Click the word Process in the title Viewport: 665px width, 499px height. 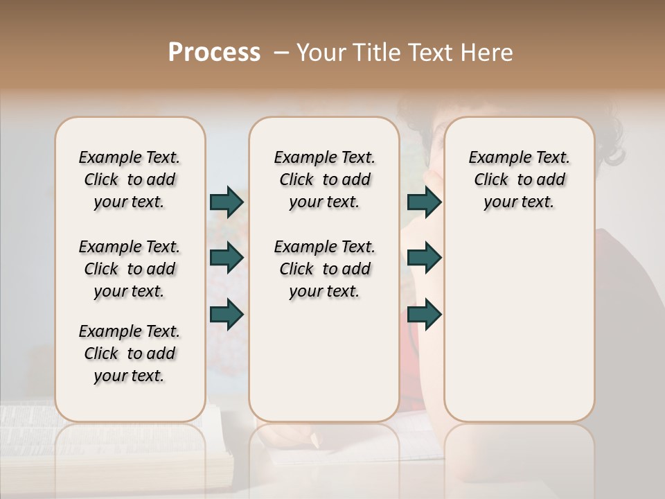214,53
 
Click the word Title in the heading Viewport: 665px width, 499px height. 378,53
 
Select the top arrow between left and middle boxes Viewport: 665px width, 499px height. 227,202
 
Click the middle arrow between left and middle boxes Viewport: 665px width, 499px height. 227,258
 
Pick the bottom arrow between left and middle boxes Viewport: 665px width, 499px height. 227,314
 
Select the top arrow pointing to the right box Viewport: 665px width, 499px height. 424,202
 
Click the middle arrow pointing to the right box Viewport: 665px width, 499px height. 424,258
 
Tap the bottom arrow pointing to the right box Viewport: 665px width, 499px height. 424,314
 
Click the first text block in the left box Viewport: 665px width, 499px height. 130,180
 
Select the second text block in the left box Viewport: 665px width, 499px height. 130,269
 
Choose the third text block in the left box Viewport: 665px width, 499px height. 130,353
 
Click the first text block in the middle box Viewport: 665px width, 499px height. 324,180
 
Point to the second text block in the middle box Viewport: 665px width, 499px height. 324,269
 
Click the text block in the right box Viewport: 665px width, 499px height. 519,180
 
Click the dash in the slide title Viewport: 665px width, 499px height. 281,53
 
